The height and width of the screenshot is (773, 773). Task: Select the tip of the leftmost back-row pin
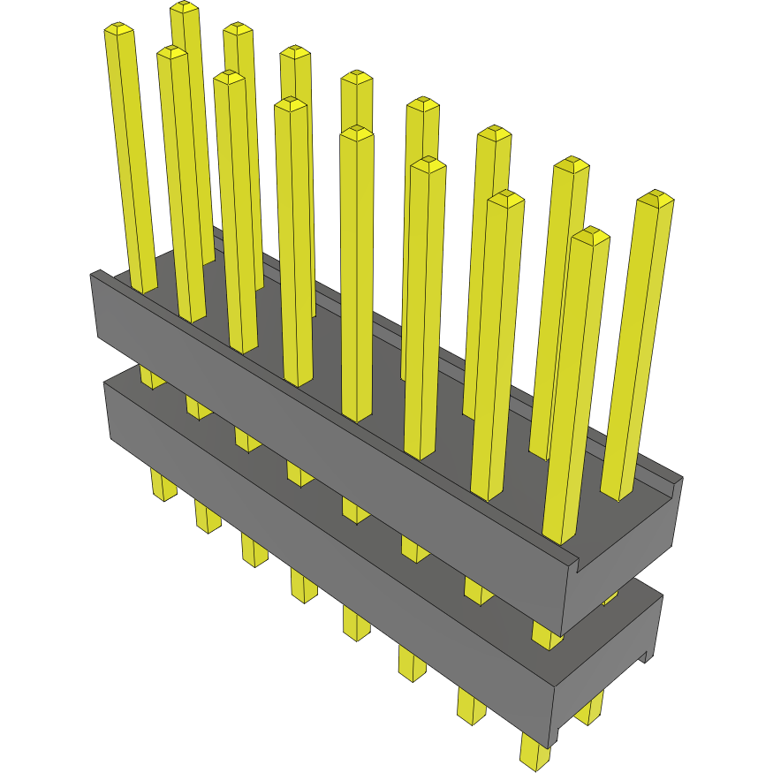(184, 8)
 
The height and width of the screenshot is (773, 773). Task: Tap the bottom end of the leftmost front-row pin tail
(163, 495)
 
